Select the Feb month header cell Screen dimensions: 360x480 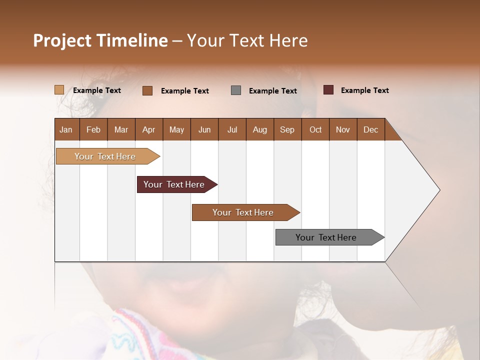(93, 129)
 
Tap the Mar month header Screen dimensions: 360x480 (121, 129)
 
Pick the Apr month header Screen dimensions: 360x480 (149, 129)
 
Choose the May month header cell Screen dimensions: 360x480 (176, 129)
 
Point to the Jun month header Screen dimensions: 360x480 (204, 129)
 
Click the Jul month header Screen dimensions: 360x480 (232, 129)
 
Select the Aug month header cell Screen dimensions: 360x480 (260, 129)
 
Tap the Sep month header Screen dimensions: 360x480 (287, 129)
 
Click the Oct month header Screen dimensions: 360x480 (315, 129)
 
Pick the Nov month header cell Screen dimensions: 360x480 (343, 129)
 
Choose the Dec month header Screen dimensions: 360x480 (371, 129)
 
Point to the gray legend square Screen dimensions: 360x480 (236, 90)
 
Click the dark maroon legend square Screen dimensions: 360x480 (328, 90)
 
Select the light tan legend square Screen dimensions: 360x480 (59, 90)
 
